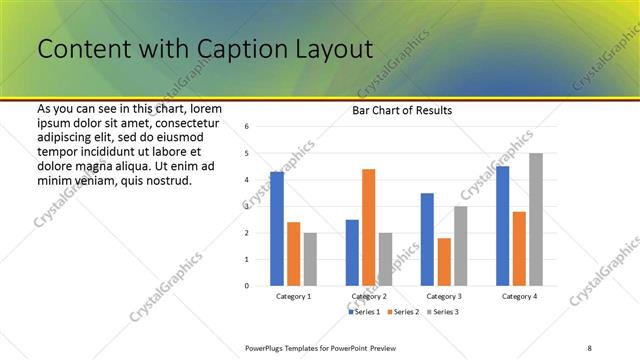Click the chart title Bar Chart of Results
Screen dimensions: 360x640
tap(401, 110)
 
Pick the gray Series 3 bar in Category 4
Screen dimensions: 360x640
tap(536, 219)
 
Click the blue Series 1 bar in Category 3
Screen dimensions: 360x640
tap(427, 239)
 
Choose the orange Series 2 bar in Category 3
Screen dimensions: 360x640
tap(444, 261)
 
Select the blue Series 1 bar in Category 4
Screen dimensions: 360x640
tap(502, 225)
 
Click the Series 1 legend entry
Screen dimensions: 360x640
tap(363, 312)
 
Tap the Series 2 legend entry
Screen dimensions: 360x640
tap(403, 312)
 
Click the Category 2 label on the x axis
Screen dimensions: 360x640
tap(369, 297)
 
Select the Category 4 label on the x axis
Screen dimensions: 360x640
tap(519, 297)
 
